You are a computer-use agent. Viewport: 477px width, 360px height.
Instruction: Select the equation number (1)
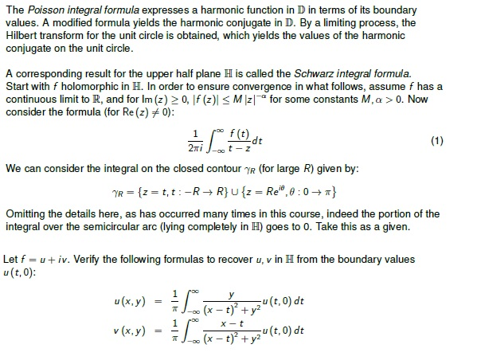click(436, 141)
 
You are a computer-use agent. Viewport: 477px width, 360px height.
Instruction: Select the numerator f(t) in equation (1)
click(232, 133)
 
